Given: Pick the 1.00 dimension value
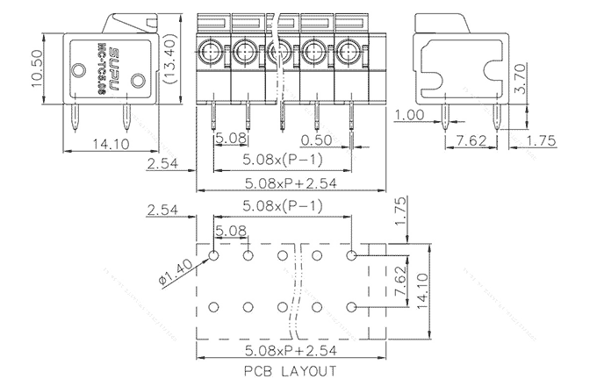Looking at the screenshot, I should coord(409,115).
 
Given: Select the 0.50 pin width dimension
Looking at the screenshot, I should coord(315,139).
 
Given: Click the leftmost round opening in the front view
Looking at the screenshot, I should coord(212,52).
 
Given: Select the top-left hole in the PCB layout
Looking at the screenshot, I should coord(214,255).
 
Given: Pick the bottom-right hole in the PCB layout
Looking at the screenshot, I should coord(351,308).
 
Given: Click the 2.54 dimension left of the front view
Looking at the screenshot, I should coord(164,162).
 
